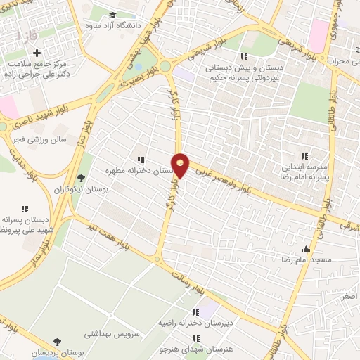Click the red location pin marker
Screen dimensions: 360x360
click(x=181, y=165)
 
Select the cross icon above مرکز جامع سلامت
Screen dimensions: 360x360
click(x=37, y=52)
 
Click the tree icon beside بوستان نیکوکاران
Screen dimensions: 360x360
click(x=82, y=178)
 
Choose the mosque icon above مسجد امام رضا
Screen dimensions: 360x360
click(x=305, y=250)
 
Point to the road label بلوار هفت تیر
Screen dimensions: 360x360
click(x=101, y=236)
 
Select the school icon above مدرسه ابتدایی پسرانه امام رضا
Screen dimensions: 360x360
click(x=304, y=155)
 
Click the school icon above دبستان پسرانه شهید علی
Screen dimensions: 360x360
click(x=25, y=209)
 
